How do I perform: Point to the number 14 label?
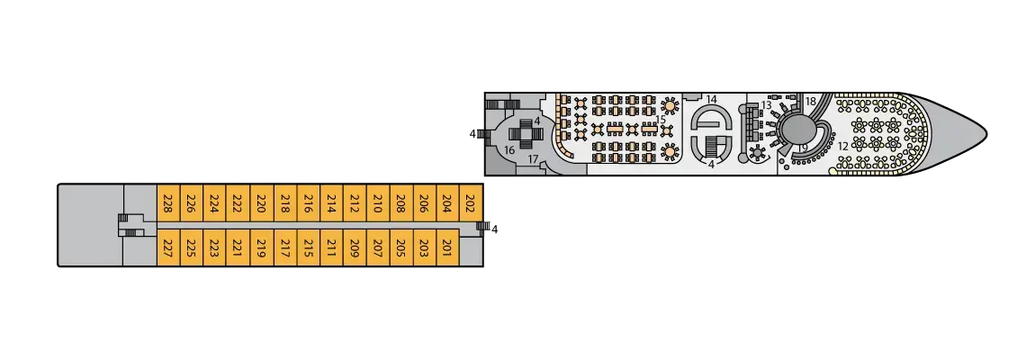click(711, 99)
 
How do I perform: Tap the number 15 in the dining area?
click(661, 119)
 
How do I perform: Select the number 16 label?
click(509, 150)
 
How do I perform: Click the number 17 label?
click(533, 159)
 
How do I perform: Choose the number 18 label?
click(811, 101)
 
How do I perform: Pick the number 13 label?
click(767, 105)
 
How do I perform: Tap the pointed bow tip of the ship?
click(987, 133)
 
